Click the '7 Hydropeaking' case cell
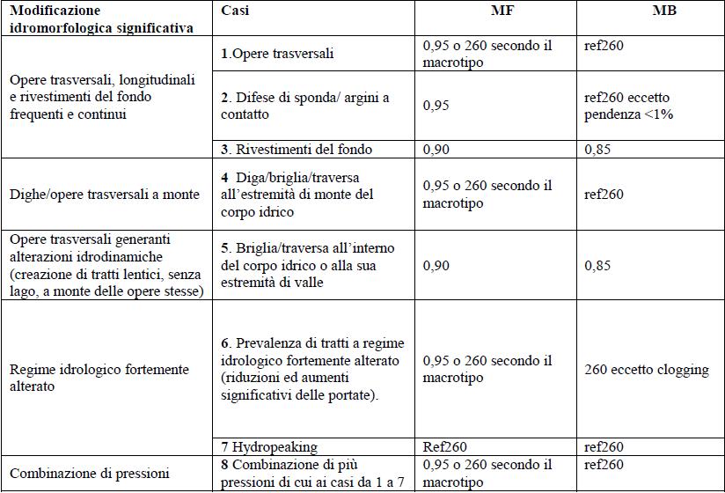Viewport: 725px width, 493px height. [x=269, y=447]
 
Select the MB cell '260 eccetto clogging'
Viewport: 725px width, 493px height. [x=646, y=370]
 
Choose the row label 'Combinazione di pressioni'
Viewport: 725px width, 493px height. [x=87, y=475]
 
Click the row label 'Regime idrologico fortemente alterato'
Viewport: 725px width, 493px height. [x=99, y=378]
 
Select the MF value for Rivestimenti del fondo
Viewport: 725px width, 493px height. [x=437, y=150]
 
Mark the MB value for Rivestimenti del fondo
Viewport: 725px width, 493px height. [x=598, y=150]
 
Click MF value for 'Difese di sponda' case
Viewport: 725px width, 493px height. [x=436, y=106]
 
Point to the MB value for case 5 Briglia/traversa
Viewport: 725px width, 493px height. [x=598, y=265]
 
